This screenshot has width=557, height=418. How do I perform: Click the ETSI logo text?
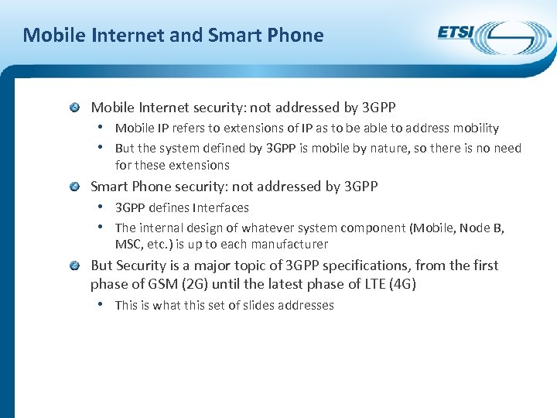tap(456, 33)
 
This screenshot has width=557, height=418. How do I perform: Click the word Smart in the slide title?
tap(234, 35)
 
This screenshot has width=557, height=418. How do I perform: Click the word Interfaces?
tap(224, 207)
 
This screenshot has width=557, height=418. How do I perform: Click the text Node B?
tap(482, 228)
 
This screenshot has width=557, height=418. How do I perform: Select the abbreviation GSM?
tap(157, 284)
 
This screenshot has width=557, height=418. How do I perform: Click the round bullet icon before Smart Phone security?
tap(73, 187)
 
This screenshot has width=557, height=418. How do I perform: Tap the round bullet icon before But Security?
tap(73, 266)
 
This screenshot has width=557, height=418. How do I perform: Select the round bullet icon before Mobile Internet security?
tap(73, 108)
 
